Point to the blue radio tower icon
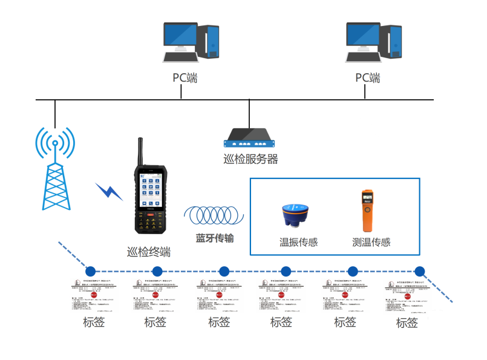[x=55, y=169]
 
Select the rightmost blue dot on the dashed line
[x=419, y=271]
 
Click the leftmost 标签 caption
[x=94, y=322]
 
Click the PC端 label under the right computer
[x=367, y=77]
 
